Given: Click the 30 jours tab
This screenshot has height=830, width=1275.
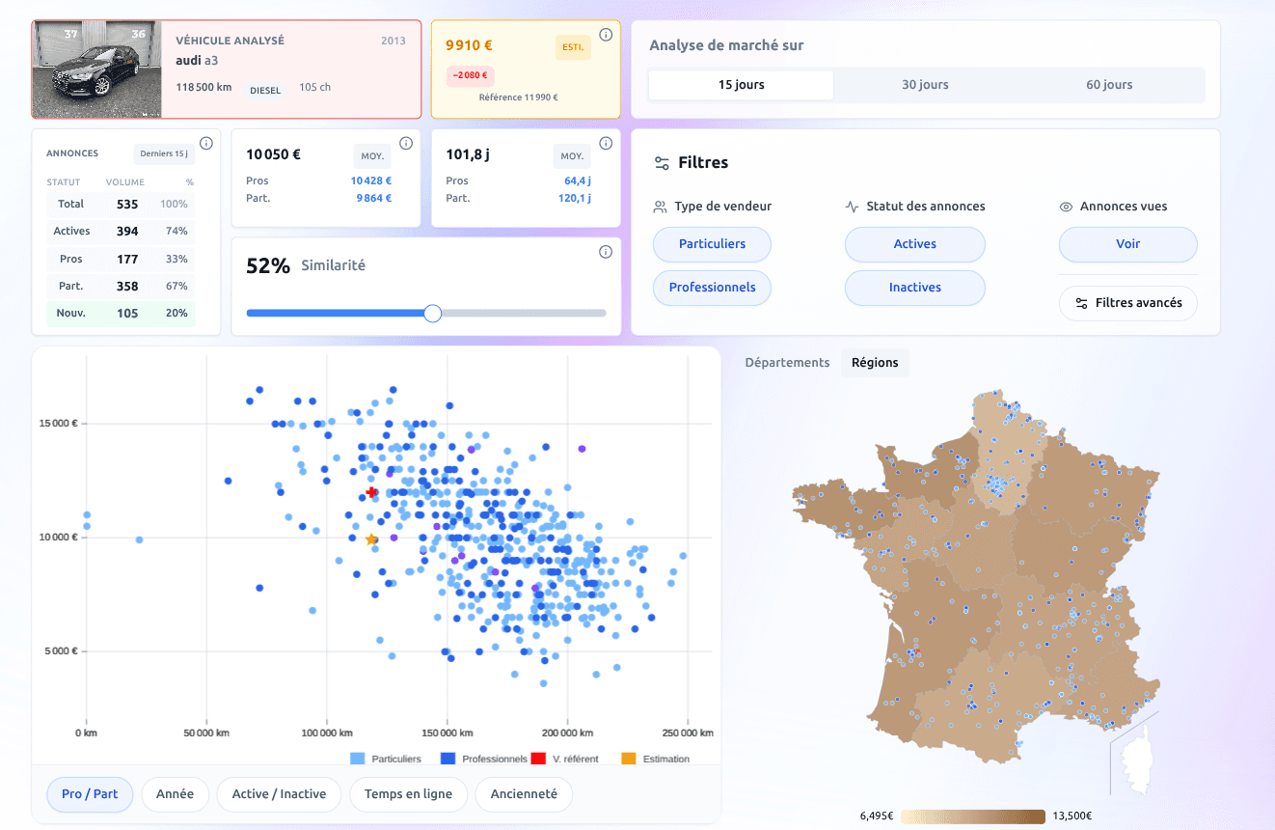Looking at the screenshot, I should pyautogui.click(x=925, y=85).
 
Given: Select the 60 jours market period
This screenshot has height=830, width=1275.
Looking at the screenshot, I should pyautogui.click(x=1109, y=85).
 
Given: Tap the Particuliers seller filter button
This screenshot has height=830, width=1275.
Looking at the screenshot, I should pyautogui.click(x=712, y=244).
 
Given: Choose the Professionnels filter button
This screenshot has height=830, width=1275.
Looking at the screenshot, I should pyautogui.click(x=712, y=288).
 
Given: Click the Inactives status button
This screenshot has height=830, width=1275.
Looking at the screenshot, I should pyautogui.click(x=914, y=288).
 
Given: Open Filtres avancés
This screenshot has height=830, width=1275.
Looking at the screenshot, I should pyautogui.click(x=1128, y=303).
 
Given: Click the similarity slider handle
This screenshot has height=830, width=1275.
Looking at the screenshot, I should pyautogui.click(x=433, y=313).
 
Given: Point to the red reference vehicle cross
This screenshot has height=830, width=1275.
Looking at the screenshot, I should pyautogui.click(x=371, y=493).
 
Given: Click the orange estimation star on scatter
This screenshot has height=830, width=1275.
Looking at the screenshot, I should pyautogui.click(x=371, y=539).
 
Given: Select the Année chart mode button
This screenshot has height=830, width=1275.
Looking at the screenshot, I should pyautogui.click(x=175, y=794).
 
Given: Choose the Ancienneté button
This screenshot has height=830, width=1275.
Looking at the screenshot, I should pyautogui.click(x=524, y=794).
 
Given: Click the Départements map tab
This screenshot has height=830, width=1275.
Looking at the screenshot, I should pyautogui.click(x=787, y=363).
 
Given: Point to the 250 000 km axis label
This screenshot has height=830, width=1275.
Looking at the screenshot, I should pyautogui.click(x=688, y=733).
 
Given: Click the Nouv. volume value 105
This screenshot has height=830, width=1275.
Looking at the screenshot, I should pyautogui.click(x=127, y=314).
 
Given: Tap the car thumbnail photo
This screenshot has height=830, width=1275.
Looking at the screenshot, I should pyautogui.click(x=95, y=69).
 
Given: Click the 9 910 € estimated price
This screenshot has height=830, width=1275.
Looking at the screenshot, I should pyautogui.click(x=470, y=44).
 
